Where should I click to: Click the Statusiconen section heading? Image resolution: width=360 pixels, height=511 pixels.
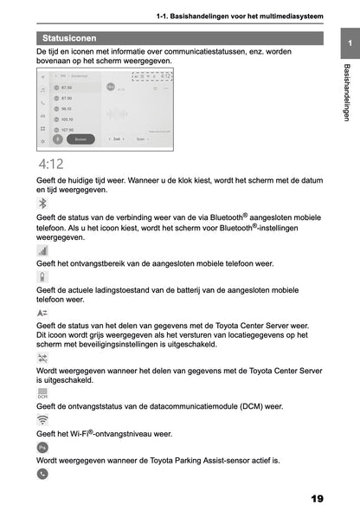pos(69,38)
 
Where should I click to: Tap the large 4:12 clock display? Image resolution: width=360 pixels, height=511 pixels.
pos(49,163)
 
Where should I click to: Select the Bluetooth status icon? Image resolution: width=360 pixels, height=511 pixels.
pos(42,202)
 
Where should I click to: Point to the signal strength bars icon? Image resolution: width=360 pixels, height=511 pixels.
pos(42,249)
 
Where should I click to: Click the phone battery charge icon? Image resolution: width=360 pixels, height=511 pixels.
pos(42,277)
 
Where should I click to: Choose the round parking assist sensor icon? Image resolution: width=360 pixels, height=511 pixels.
pos(42,447)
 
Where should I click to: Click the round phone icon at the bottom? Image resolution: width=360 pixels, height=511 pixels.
pos(42,474)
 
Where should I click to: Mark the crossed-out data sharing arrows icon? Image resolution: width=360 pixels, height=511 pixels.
pos(42,357)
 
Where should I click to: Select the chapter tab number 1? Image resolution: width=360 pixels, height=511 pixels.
pos(348,43)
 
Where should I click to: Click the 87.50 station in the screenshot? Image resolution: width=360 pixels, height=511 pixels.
pos(67,87)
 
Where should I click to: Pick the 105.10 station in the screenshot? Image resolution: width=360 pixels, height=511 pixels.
pos(67,120)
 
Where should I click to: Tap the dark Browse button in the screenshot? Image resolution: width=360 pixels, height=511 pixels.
pos(80,138)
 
